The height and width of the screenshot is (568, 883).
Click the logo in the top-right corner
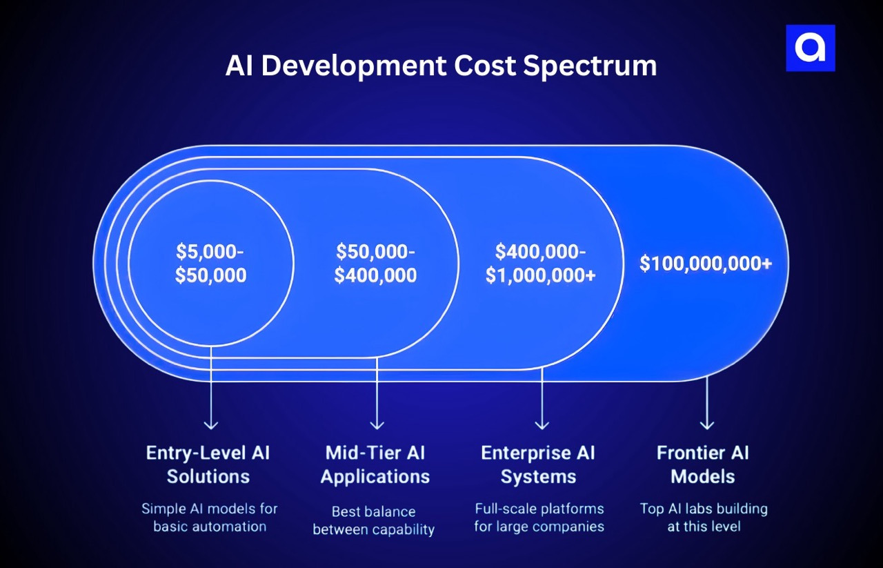click(x=811, y=48)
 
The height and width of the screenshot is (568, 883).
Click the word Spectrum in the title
click(x=589, y=66)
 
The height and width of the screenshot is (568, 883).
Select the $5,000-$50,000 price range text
click(x=210, y=263)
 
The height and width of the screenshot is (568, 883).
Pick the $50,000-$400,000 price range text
click(x=376, y=263)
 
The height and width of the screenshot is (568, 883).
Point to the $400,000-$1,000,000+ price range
click(x=541, y=263)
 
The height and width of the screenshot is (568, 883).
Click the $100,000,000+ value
click(x=706, y=264)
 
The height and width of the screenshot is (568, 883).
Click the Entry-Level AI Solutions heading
click(x=208, y=464)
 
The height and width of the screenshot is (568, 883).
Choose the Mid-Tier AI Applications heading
click(x=375, y=464)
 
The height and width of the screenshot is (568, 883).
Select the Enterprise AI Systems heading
click(x=538, y=464)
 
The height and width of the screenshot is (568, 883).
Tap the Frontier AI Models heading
click(x=703, y=464)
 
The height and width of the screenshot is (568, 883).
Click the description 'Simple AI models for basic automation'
click(x=210, y=518)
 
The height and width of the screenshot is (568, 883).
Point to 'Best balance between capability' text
click(x=374, y=521)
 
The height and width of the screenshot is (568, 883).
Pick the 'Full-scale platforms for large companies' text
click(x=539, y=518)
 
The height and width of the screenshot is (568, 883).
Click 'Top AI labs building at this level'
click(x=704, y=518)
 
